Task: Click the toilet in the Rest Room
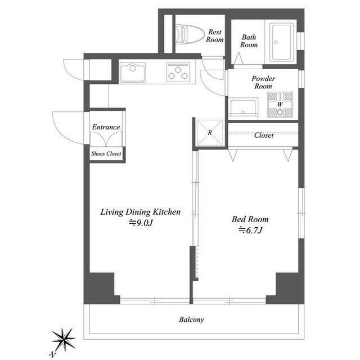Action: point(190,34)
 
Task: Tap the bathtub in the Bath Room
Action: point(282,42)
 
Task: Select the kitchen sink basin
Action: point(133,73)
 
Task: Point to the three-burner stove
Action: point(178,72)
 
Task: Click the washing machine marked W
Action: point(280,105)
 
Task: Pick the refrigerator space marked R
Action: point(210,133)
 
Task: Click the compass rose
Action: point(64,339)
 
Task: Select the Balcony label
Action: point(191,319)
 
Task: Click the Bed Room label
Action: point(250,219)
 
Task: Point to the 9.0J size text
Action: point(141,223)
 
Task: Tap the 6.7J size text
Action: point(250,230)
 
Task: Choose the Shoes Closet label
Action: point(106,154)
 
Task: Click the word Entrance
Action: point(106,127)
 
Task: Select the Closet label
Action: point(264,135)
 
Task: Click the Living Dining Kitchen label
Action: point(140,212)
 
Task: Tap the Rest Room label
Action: point(215,36)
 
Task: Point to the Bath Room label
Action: point(249,41)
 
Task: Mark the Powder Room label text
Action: point(263,83)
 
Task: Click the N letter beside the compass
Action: point(53,355)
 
